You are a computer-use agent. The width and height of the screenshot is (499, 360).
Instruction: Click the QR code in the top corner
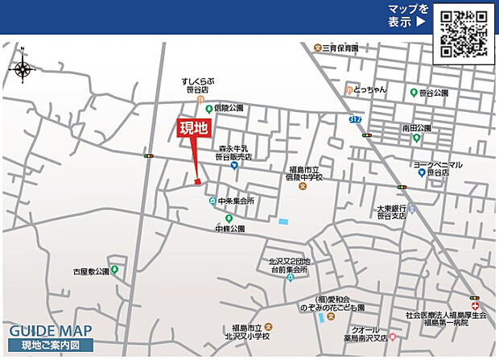(x=464, y=32)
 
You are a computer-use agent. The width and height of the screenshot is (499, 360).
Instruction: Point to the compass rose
(x=22, y=68)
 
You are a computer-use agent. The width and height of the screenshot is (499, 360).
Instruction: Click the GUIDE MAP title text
(x=51, y=331)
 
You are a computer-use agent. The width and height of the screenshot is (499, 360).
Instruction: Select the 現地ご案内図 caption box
(x=51, y=346)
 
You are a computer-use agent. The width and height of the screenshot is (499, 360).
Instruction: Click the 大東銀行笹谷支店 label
(x=395, y=211)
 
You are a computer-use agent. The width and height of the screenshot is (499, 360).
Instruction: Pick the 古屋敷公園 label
(x=90, y=272)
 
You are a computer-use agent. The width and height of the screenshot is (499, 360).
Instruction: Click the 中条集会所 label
(x=236, y=201)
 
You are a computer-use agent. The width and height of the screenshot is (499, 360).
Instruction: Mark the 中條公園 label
(x=229, y=229)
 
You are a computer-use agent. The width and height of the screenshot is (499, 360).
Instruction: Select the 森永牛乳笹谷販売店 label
(x=234, y=153)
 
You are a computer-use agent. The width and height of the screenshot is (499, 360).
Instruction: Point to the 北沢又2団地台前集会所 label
(x=289, y=266)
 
